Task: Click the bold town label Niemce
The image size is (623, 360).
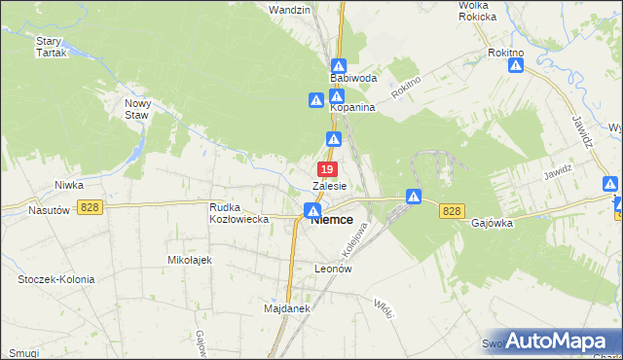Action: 331,220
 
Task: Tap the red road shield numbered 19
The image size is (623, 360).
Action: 327,169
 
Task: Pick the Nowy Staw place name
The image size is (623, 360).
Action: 137,107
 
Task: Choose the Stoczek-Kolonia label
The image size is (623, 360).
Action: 56,279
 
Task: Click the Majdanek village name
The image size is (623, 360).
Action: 286,309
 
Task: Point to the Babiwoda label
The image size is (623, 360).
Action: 352,76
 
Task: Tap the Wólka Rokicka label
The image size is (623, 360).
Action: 478,11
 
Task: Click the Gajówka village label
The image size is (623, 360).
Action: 492,222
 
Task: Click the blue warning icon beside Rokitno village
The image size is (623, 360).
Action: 517,65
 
